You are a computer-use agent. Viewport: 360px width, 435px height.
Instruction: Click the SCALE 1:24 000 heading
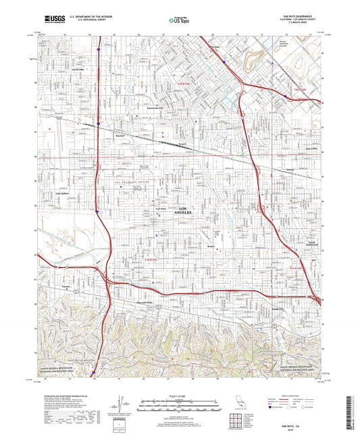pyautogui.click(x=179, y=396)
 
